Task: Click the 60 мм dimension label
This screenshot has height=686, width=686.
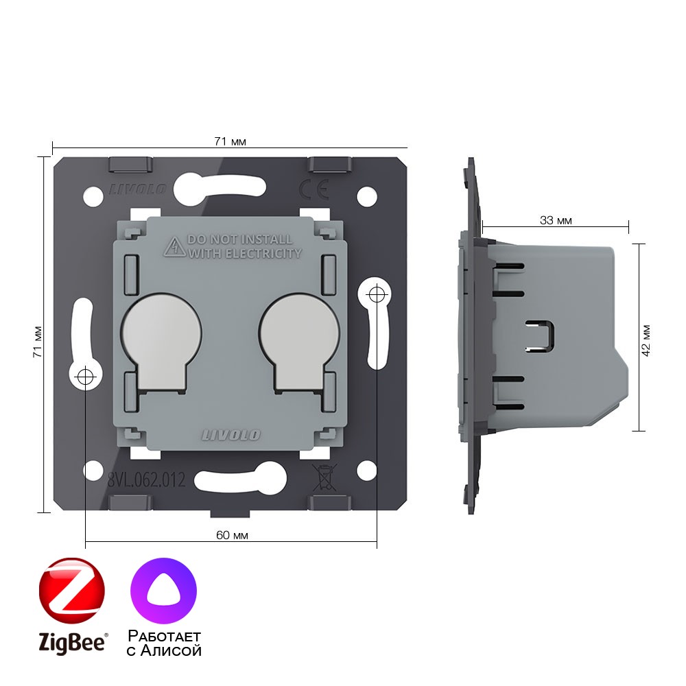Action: (232, 535)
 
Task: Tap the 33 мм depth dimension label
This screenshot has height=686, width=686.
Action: (556, 220)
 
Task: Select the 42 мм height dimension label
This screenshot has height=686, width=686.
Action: (646, 340)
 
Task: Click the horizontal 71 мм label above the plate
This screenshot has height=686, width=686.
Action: (230, 141)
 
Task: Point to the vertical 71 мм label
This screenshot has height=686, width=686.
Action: (38, 342)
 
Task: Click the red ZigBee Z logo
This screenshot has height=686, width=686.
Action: (72, 590)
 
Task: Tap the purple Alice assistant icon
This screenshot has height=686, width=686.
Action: (164, 591)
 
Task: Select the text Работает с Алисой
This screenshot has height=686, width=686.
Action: (164, 643)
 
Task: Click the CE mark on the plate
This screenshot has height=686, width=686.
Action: (314, 189)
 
